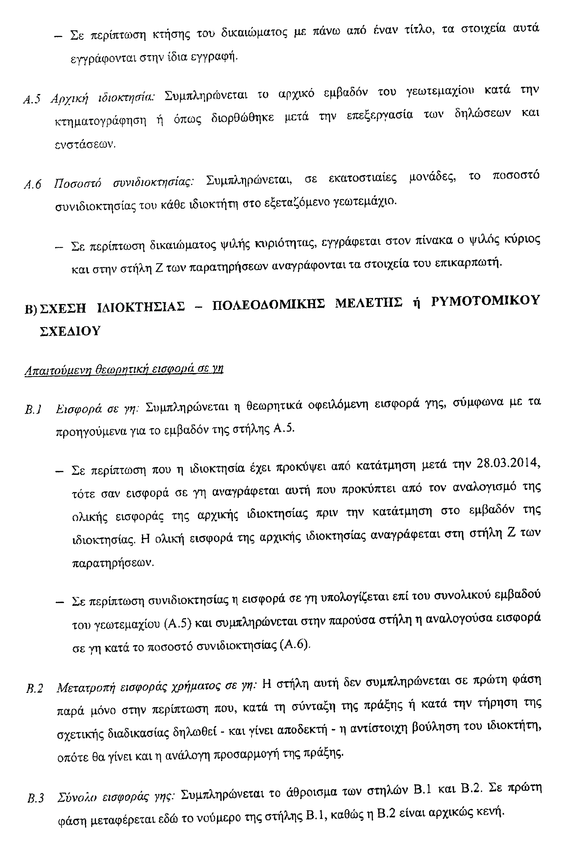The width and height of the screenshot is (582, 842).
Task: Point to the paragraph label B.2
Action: click(35, 688)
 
